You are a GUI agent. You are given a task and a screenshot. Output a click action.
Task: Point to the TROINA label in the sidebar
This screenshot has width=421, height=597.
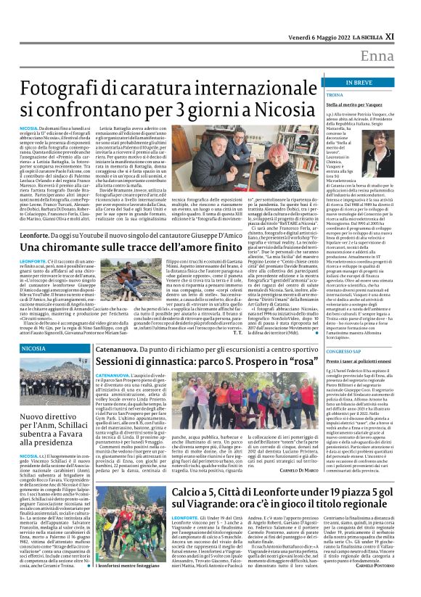pos(335,94)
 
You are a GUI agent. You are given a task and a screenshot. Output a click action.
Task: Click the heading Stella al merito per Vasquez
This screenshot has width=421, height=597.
pos(359,104)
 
